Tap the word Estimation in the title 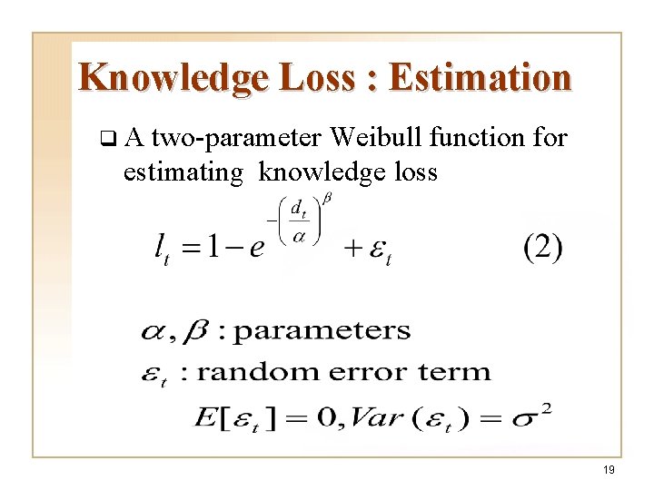(x=481, y=78)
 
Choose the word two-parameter (x=239, y=139)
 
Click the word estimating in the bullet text (x=177, y=171)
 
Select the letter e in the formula (x=256, y=248)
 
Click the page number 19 (x=609, y=468)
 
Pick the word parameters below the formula (x=322, y=330)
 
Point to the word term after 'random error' (x=461, y=372)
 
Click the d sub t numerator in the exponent (x=297, y=211)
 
